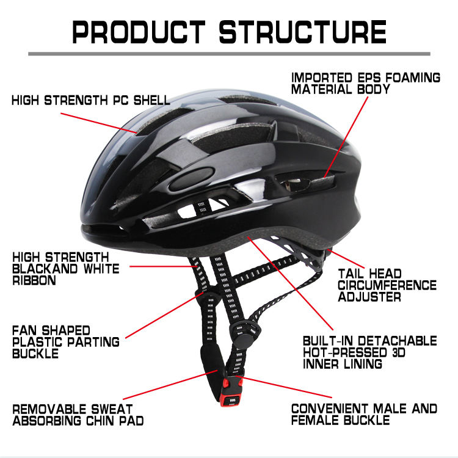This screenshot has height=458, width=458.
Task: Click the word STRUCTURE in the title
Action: coord(303,31)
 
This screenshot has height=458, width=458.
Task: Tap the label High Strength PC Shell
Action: coord(90,100)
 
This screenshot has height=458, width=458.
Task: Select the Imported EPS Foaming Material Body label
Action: coord(365,84)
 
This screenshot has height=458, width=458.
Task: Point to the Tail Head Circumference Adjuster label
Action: coord(387,285)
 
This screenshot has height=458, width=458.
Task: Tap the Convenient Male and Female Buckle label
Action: coord(364,414)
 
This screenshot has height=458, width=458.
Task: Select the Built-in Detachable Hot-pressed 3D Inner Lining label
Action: coord(370,352)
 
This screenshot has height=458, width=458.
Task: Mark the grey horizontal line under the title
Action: coord(229,54)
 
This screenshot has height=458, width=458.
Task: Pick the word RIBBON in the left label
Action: coord(34,281)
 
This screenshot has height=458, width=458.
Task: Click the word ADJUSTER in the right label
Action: coord(370,297)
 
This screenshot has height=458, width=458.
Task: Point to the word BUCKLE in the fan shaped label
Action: coord(35,354)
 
